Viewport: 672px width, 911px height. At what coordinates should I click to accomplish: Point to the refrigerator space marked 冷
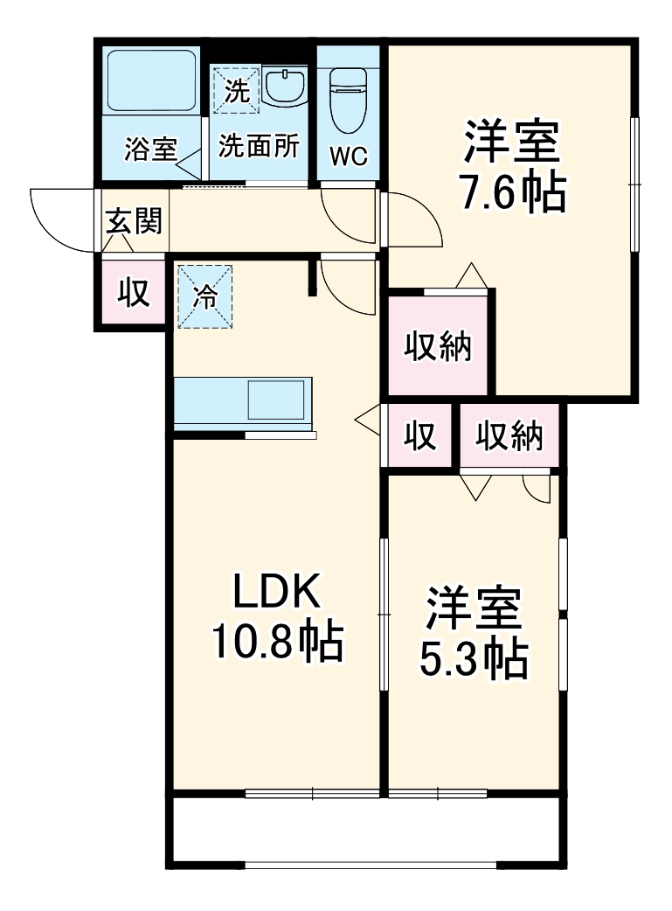click(205, 297)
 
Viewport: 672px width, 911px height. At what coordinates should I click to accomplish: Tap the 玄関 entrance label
click(135, 221)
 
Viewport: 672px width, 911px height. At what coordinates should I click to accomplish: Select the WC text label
click(349, 156)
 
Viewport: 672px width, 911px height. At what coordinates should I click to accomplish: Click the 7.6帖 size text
click(513, 193)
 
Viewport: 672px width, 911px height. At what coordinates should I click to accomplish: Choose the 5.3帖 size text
click(474, 658)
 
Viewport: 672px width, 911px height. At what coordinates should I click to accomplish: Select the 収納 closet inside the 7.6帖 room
click(438, 345)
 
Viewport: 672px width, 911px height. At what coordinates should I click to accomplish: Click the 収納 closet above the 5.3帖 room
click(509, 435)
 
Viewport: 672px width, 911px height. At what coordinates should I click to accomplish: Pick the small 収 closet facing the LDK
click(419, 435)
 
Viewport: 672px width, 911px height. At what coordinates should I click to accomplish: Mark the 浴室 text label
click(150, 149)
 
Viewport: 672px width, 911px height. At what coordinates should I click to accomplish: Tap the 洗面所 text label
click(259, 146)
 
